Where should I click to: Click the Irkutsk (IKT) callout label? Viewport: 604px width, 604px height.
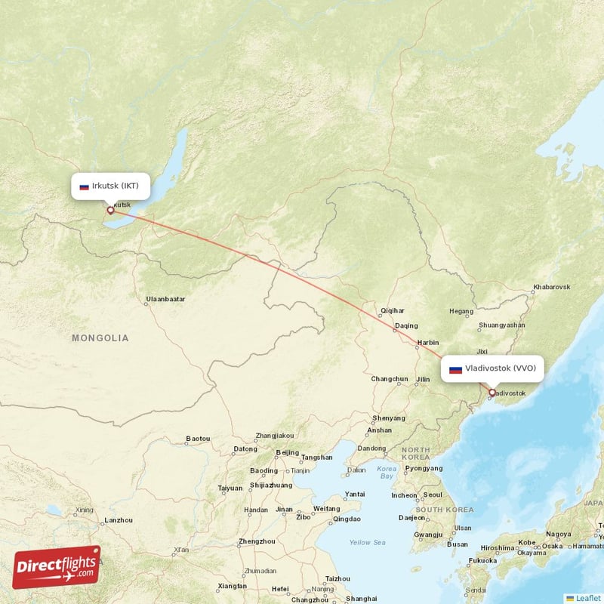(109, 186)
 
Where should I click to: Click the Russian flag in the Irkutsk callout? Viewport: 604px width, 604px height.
(85, 186)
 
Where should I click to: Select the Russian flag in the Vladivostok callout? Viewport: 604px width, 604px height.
(455, 369)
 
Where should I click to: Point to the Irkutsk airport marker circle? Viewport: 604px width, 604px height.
(110, 211)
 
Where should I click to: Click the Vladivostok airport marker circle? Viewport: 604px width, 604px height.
(492, 393)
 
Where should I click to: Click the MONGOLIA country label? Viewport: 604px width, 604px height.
(100, 338)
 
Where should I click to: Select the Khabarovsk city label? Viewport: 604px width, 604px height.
(551, 287)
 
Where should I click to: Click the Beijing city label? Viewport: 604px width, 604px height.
(287, 452)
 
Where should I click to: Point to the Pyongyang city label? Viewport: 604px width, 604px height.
(424, 468)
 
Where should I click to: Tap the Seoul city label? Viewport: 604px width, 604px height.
(433, 495)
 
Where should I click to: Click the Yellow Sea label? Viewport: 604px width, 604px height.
(367, 542)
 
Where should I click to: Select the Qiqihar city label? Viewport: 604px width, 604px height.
(393, 310)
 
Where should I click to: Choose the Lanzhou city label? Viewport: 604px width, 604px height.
(119, 520)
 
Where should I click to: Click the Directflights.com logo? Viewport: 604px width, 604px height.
(57, 567)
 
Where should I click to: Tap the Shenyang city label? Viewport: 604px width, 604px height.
(388, 418)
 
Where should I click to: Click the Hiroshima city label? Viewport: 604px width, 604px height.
(498, 548)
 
